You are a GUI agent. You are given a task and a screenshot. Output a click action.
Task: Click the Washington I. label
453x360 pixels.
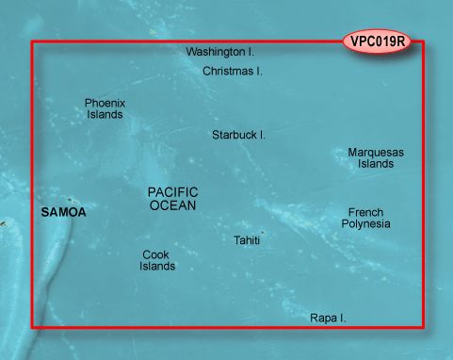[x=220, y=53]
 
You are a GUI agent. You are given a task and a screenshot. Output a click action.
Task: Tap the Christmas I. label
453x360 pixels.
[x=233, y=71]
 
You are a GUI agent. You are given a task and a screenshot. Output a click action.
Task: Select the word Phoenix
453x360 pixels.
[x=105, y=103]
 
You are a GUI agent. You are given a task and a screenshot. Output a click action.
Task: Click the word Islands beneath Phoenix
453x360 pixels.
[x=105, y=115]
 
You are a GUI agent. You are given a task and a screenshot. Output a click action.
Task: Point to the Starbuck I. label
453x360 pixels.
[x=238, y=135]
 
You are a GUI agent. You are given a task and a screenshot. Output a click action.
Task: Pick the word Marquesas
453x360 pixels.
[x=376, y=152]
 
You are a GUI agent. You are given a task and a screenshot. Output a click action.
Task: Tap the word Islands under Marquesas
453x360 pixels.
[x=376, y=164]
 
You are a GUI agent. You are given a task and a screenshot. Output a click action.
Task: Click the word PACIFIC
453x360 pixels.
[x=173, y=191]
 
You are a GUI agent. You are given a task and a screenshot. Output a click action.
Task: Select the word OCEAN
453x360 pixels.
[x=173, y=205]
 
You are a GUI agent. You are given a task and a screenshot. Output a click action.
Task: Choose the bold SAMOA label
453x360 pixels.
[x=64, y=213]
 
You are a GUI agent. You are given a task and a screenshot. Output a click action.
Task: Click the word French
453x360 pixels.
[x=365, y=212]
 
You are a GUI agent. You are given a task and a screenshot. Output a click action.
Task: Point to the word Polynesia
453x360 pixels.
[x=365, y=224]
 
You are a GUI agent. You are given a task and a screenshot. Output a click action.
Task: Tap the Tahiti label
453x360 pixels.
[x=247, y=241]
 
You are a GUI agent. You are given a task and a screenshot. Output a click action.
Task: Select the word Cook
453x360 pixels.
[x=156, y=254]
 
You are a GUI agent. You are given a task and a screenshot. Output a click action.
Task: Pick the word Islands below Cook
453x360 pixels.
[x=157, y=267]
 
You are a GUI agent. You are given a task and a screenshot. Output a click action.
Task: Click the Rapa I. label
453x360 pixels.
[x=328, y=319]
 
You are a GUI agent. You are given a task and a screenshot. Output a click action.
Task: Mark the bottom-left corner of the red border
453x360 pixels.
[x=33, y=327]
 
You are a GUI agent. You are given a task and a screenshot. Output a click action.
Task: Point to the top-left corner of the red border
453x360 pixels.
[x=33, y=42]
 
